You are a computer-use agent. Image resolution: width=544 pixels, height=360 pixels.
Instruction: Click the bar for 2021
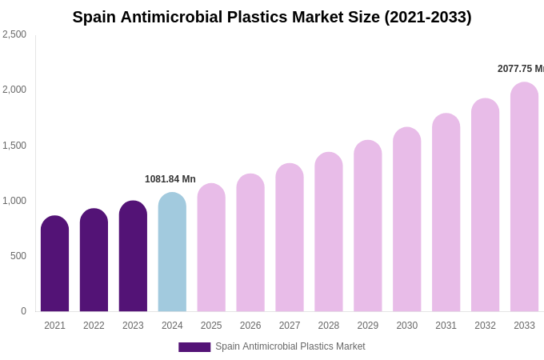coord(54,264)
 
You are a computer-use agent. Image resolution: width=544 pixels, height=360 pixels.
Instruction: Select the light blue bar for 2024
coord(172,252)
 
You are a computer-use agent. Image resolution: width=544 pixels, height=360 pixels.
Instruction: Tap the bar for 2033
coord(524,197)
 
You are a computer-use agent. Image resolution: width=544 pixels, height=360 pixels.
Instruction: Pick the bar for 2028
coord(328,232)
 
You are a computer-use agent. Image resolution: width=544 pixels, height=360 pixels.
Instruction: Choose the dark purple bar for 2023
coord(133,256)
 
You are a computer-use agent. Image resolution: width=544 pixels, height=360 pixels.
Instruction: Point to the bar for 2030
coord(406,219)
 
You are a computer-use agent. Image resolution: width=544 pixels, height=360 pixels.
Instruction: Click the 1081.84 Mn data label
coord(170,179)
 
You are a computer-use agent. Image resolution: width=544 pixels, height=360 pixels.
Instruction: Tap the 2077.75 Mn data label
coord(520,69)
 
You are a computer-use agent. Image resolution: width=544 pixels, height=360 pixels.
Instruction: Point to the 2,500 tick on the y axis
coord(14,34)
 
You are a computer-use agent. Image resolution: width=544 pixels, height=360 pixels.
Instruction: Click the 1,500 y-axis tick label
coord(14,146)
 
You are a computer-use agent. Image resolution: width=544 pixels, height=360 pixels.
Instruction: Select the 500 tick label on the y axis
coord(18,256)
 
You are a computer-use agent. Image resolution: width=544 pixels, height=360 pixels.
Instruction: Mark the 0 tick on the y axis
coord(23,311)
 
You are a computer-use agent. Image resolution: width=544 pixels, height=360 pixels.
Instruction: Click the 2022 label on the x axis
coord(94,326)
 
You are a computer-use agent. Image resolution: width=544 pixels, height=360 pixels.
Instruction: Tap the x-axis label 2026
coord(250,326)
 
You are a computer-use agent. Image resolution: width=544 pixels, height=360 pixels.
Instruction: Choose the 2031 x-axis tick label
coord(446,326)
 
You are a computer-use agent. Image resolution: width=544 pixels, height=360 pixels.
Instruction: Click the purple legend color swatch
coord(194,347)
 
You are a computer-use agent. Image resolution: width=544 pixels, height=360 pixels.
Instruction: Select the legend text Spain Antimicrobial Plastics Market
coord(290,346)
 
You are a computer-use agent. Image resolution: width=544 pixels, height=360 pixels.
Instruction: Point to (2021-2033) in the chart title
coord(428,17)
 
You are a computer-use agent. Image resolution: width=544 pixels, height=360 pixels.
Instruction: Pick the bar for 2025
coord(211,248)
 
